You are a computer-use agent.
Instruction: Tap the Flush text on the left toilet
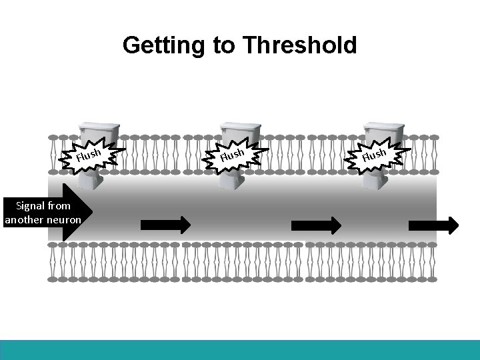(x=88, y=155)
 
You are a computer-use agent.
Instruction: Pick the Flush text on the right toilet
(x=374, y=155)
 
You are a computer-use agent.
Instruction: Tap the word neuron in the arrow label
(x=65, y=219)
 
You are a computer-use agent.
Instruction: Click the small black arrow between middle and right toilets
(x=316, y=225)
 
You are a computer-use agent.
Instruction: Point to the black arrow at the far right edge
(x=433, y=225)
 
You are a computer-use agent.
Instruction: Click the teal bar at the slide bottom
(x=240, y=350)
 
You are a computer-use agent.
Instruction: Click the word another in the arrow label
(x=25, y=219)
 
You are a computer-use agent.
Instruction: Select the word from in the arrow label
(x=59, y=206)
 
